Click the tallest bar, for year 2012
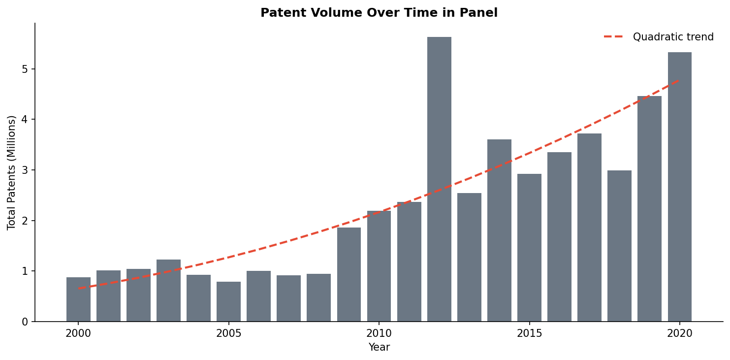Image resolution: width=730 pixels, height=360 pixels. pyautogui.click(x=439, y=179)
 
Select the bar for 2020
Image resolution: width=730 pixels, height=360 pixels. pyautogui.click(x=679, y=187)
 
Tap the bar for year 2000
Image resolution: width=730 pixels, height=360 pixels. pyautogui.click(x=78, y=299)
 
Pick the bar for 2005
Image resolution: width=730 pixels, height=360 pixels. pyautogui.click(x=228, y=301)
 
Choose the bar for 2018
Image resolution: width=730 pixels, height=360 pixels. pyautogui.click(x=619, y=246)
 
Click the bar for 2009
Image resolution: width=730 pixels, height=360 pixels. pyautogui.click(x=349, y=274)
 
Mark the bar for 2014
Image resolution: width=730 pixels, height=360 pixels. pyautogui.click(x=499, y=230)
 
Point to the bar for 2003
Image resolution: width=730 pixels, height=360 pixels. pyautogui.click(x=168, y=291)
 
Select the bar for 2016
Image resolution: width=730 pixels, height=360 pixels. pyautogui.click(x=559, y=237)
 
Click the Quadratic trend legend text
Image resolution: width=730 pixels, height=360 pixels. pyautogui.click(x=673, y=37)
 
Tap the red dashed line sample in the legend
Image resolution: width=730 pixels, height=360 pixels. pyautogui.click(x=613, y=37)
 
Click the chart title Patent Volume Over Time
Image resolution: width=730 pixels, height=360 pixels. pyautogui.click(x=379, y=13)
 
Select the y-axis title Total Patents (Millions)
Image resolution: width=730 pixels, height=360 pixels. pyautogui.click(x=12, y=172)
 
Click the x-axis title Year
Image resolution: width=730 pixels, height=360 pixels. pyautogui.click(x=379, y=348)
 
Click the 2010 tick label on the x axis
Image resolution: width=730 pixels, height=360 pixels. pyautogui.click(x=379, y=333)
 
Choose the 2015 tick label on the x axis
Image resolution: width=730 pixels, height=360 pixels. pyautogui.click(x=529, y=333)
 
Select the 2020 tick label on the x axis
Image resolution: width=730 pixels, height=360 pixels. pyautogui.click(x=679, y=333)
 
